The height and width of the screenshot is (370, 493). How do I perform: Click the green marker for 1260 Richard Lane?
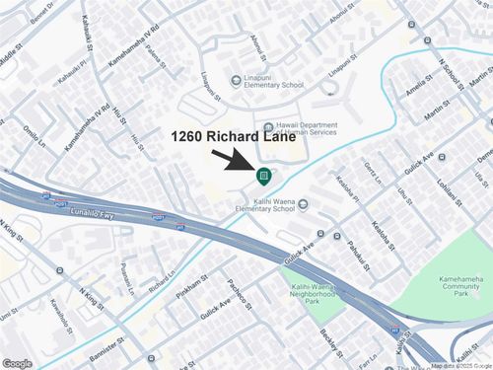(x=263, y=177)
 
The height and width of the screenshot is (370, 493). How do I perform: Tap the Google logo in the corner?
(x=17, y=363)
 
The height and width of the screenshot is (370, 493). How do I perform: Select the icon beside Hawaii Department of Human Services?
(x=270, y=125)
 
